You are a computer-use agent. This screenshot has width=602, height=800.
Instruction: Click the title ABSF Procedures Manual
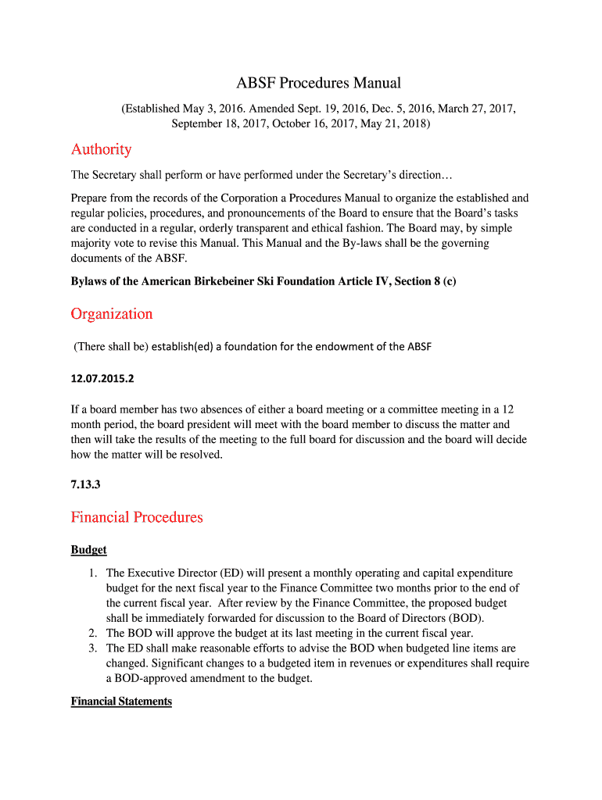coord(318,83)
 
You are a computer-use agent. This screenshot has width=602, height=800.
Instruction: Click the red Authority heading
coord(101,149)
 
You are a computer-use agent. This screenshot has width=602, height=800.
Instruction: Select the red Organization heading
coord(112,314)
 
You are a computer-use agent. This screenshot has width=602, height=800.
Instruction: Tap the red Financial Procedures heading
coord(137,517)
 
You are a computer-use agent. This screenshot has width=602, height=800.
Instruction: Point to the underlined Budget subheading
coord(88,550)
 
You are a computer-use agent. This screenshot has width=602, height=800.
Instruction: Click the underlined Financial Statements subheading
coord(121,702)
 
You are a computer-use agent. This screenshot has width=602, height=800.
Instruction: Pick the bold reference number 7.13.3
coord(85,484)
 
